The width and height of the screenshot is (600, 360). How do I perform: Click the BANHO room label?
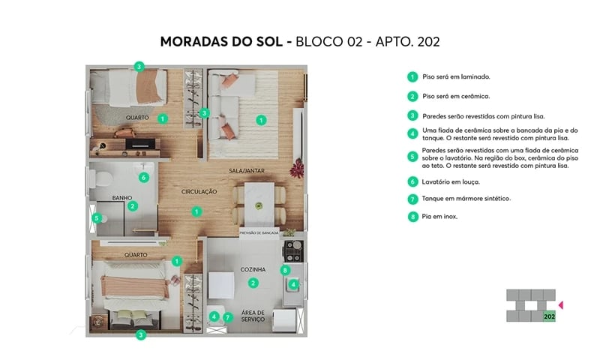[122, 198]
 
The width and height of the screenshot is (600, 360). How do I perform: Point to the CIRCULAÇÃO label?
[199, 192]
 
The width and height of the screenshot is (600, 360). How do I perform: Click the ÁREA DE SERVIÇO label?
[253, 316]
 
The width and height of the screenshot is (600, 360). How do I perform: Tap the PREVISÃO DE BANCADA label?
[259, 233]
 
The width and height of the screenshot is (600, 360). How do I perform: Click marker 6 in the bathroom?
[143, 178]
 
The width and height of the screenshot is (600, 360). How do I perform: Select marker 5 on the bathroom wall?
[96, 219]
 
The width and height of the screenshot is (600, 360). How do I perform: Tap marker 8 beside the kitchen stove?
[285, 270]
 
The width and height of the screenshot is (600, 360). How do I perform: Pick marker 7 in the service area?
[228, 317]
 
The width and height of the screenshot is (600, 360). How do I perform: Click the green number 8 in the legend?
[412, 217]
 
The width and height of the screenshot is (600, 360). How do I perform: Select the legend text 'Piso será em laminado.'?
[456, 76]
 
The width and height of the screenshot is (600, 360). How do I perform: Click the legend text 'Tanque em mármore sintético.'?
[466, 199]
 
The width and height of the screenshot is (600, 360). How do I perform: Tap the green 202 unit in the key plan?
[549, 316]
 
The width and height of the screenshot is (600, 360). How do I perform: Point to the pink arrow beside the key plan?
[562, 305]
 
